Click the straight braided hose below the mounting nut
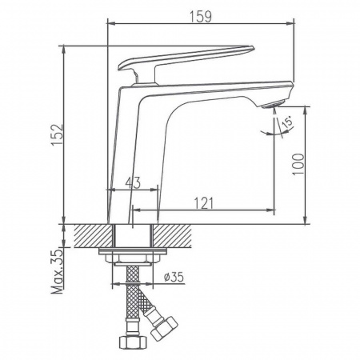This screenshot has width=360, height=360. (x=131, y=304)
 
